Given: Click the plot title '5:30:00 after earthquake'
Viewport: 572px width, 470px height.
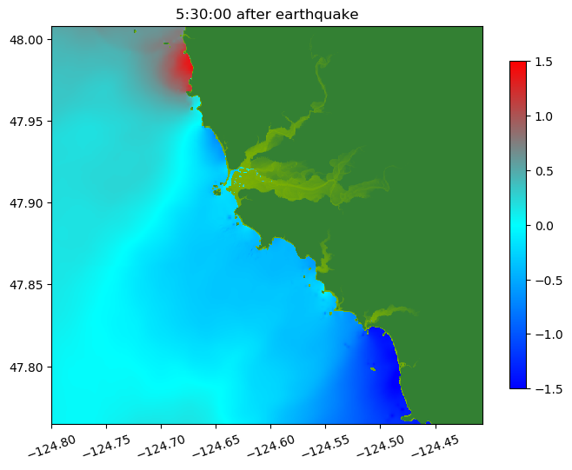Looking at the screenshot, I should click(267, 14).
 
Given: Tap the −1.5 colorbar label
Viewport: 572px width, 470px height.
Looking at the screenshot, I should click(541, 388).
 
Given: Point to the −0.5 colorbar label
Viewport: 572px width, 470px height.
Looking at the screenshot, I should click(541, 280).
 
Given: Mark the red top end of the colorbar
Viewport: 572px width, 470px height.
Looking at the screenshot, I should click(518, 66).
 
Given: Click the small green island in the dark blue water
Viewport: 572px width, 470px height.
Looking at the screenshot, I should click(372, 369).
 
